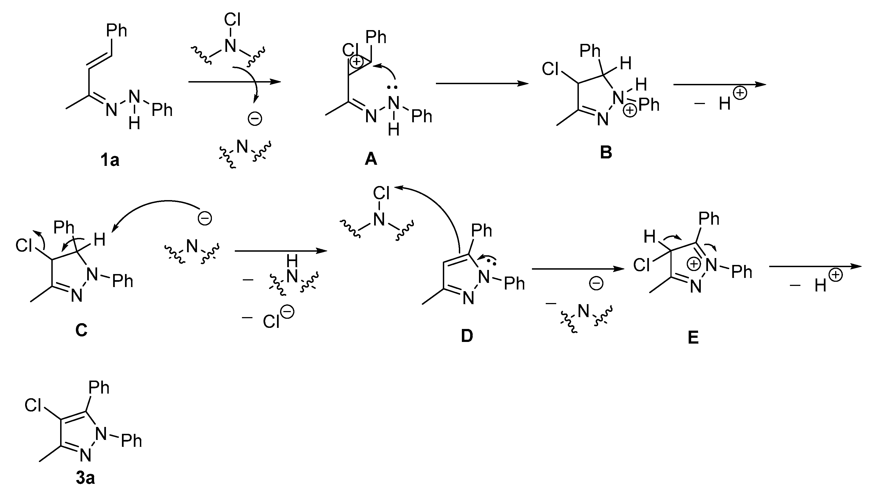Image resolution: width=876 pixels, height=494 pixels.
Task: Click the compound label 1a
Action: click(110, 160)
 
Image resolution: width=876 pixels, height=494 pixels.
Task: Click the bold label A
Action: click(371, 159)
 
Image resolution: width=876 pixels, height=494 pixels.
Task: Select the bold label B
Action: click(606, 152)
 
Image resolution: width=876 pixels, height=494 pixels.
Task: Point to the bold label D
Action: click(467, 336)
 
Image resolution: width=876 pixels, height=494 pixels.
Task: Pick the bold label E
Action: click(693, 338)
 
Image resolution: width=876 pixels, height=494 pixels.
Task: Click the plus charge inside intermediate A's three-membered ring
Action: click(356, 62)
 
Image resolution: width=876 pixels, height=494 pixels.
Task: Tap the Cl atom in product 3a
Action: click(33, 405)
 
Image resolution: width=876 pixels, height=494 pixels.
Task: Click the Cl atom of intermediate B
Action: click(550, 69)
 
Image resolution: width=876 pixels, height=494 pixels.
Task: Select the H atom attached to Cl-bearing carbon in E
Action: click(649, 237)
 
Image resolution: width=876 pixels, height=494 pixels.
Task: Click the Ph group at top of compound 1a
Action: click(116, 31)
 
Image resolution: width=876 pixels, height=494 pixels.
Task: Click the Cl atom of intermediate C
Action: click(24, 245)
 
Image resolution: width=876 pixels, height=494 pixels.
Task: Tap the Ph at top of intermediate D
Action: click(481, 231)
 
